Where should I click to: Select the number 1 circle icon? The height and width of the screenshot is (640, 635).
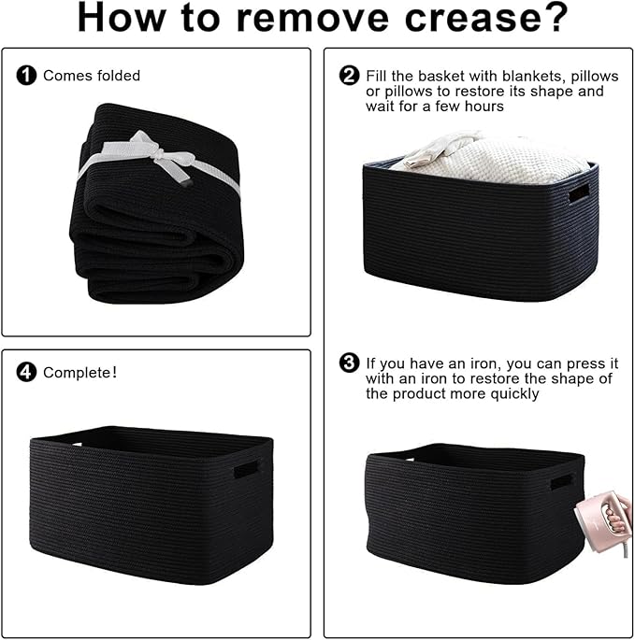click(x=28, y=76)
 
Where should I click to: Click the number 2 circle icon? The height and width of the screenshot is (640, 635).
click(x=350, y=76)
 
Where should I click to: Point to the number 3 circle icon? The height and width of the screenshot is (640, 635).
click(x=350, y=363)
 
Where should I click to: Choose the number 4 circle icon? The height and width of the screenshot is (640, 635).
click(x=28, y=373)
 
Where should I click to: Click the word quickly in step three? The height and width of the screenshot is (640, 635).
click(x=512, y=393)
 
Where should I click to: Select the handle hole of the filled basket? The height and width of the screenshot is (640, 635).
click(x=580, y=193)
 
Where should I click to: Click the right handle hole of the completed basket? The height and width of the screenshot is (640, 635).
click(x=246, y=468)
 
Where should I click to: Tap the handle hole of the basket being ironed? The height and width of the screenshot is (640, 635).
click(x=560, y=482)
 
